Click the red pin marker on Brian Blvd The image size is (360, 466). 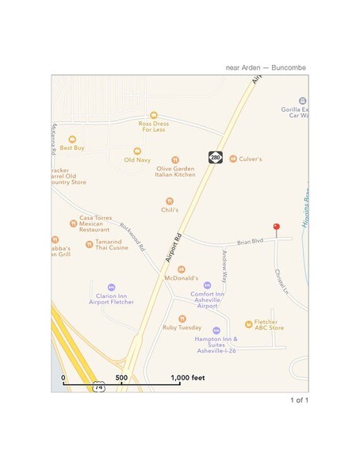[276, 228]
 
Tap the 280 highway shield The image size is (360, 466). [215, 158]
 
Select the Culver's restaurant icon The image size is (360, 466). [233, 159]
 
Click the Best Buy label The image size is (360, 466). [72, 147]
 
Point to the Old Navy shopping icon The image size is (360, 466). [136, 150]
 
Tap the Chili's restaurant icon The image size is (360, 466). [169, 201]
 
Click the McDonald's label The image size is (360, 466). [181, 278]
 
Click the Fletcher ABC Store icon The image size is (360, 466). [249, 323]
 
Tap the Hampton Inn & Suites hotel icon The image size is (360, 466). [216, 330]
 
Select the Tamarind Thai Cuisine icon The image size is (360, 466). [89, 244]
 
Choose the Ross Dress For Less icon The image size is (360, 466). [153, 115]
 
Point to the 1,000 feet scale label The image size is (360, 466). [188, 378]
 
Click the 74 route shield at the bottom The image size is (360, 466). [98, 388]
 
